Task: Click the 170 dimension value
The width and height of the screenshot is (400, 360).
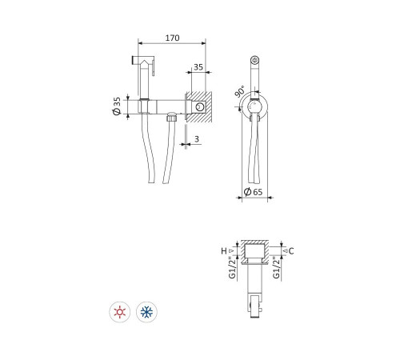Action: (x=172, y=38)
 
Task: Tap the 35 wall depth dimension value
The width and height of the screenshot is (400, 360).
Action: (x=198, y=67)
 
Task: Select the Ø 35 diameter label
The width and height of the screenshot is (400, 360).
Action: (x=117, y=106)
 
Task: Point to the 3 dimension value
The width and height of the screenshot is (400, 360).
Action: (x=197, y=139)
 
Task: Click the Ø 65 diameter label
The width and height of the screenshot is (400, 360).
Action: (x=253, y=192)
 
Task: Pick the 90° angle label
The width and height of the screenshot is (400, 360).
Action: (x=240, y=91)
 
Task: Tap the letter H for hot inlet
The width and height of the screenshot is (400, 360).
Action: (x=224, y=251)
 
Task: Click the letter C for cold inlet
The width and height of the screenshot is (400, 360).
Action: (x=291, y=251)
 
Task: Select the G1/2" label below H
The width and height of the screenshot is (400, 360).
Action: (x=233, y=267)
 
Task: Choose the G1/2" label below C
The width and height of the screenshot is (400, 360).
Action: (x=277, y=267)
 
